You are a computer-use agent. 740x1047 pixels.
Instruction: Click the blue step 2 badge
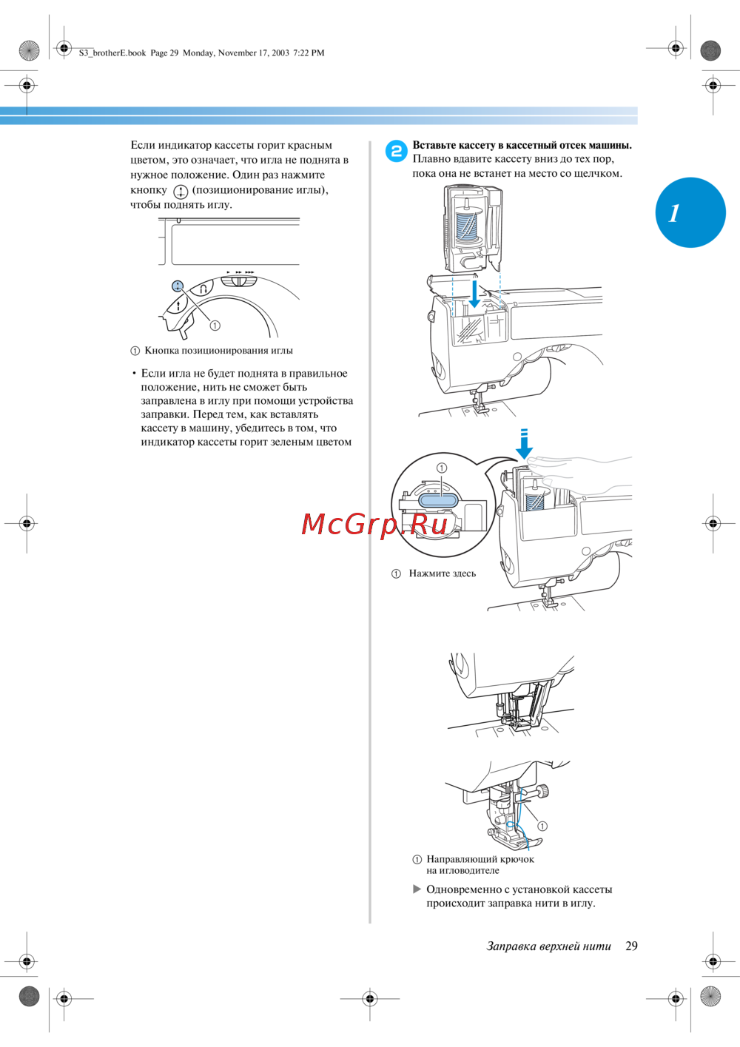pyautogui.click(x=396, y=151)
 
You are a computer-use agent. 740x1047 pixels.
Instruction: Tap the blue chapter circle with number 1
pyautogui.click(x=690, y=212)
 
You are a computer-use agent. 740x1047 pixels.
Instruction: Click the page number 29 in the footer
pyautogui.click(x=631, y=946)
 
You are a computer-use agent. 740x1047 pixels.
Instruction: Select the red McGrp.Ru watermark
pyautogui.click(x=375, y=524)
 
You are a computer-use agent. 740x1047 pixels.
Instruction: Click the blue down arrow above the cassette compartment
pyautogui.click(x=474, y=294)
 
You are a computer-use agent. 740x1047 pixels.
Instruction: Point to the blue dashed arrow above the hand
pyautogui.click(x=524, y=443)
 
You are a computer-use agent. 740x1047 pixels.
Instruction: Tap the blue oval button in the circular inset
pyautogui.click(x=440, y=500)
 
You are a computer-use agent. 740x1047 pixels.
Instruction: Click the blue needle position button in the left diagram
pyautogui.click(x=178, y=286)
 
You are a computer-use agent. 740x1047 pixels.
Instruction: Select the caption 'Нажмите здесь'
pyautogui.click(x=442, y=573)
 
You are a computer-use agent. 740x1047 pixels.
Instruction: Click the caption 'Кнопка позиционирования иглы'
pyautogui.click(x=218, y=351)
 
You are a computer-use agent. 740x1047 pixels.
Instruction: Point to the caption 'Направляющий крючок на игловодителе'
pyautogui.click(x=480, y=864)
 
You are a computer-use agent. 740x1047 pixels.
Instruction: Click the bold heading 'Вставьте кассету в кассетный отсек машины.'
pyautogui.click(x=522, y=145)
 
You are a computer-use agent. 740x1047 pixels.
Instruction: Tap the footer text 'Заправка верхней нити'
pyautogui.click(x=548, y=946)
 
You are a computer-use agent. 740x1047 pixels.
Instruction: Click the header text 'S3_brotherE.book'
pyautogui.click(x=112, y=53)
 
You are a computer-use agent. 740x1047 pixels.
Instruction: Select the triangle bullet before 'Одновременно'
pyautogui.click(x=417, y=889)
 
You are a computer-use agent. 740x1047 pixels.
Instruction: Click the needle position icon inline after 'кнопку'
pyautogui.click(x=180, y=191)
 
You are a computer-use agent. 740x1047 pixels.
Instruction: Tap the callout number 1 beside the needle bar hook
pyautogui.click(x=542, y=826)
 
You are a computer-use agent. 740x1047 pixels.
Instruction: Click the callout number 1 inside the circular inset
pyautogui.click(x=442, y=468)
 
